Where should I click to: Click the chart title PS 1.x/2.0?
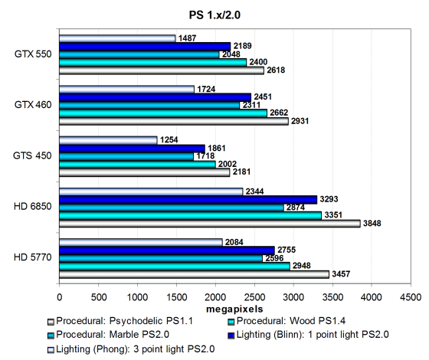tap(215, 15)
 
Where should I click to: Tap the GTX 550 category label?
tap(33, 54)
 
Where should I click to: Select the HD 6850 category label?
tap(32, 206)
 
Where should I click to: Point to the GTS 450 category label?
tap(32, 155)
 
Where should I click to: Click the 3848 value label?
tap(372, 224)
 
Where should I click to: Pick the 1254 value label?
tap(169, 139)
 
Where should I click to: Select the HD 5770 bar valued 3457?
tap(194, 274)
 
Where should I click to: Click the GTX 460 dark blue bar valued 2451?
tap(155, 97)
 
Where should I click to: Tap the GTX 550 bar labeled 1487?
tap(117, 38)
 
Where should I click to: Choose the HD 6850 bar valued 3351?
tap(190, 216)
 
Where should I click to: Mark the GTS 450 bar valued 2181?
tap(145, 172)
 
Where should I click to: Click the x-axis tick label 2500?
tap(254, 297)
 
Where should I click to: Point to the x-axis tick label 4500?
tap(411, 297)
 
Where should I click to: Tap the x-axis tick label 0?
tap(60, 297)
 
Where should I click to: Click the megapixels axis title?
tap(234, 309)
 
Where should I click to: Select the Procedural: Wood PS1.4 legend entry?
tap(287, 321)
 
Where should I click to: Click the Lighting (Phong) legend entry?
tap(131, 349)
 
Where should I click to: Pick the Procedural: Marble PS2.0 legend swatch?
tap(51, 335)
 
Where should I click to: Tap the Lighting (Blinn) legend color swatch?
tap(231, 335)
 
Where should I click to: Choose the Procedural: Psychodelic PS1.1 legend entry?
tap(120, 321)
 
